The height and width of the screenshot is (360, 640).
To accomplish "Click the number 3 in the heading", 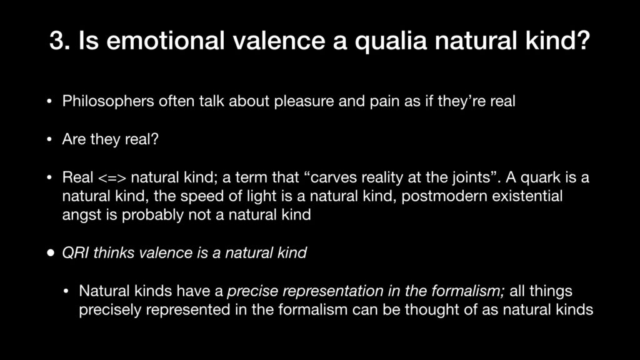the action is click(x=57, y=41).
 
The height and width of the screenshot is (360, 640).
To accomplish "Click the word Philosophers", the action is click(x=108, y=101).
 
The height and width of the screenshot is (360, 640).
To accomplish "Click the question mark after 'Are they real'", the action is click(x=154, y=139).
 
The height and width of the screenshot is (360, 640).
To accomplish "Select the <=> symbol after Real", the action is click(x=112, y=178).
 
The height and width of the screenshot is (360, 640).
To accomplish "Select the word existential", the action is click(x=527, y=196).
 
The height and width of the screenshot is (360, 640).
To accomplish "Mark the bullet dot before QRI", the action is click(x=51, y=253).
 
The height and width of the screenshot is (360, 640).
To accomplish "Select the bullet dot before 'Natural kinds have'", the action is click(x=66, y=292).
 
